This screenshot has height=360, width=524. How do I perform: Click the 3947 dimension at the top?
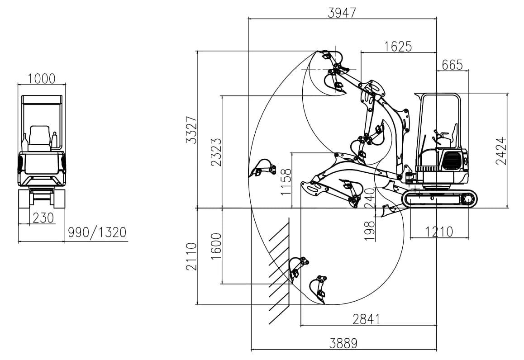(x=342, y=13)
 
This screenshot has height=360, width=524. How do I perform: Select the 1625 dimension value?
(x=398, y=47)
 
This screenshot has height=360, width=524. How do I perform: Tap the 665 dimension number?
(x=452, y=65)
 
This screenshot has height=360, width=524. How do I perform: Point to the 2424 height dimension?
(x=501, y=151)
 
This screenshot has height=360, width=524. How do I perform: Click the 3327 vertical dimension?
(x=191, y=130)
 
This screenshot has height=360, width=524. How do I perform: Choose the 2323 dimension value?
(x=216, y=152)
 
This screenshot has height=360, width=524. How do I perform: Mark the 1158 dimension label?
(x=286, y=182)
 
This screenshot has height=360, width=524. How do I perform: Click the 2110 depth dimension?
(x=191, y=256)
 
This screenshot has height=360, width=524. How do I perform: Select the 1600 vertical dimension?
(x=216, y=246)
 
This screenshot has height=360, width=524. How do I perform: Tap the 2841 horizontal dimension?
(x=367, y=319)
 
